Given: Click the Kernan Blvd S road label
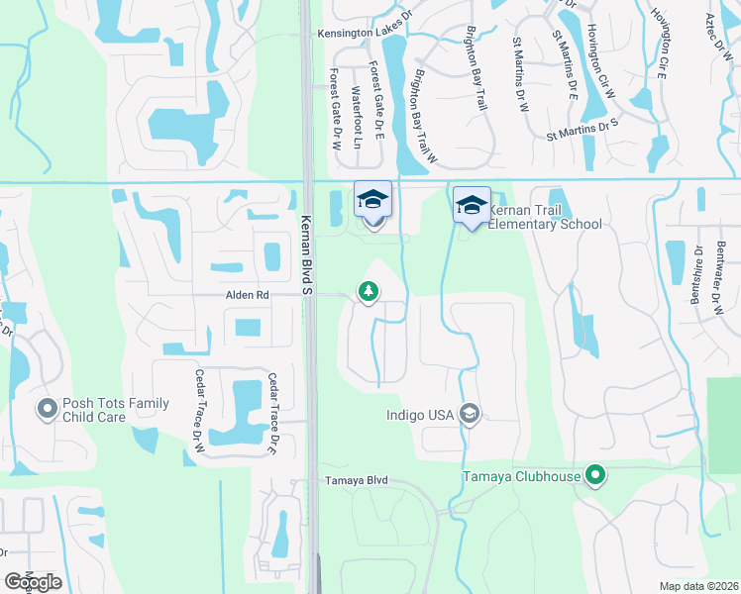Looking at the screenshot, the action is coord(307,253).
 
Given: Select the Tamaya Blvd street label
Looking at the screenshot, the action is coord(357,481).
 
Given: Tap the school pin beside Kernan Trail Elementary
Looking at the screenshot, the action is coord(472,206).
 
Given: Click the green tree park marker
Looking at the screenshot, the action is coord(369,291).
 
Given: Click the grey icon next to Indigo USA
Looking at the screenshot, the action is coord(471,415).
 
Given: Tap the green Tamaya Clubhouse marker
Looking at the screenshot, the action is coord(594,477).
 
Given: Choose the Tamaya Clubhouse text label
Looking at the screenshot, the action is coord(521,477).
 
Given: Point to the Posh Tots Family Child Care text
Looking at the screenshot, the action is coord(115,410).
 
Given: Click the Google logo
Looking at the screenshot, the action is coord(33,581).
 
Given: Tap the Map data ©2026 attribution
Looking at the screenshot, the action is coord(698,586).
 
